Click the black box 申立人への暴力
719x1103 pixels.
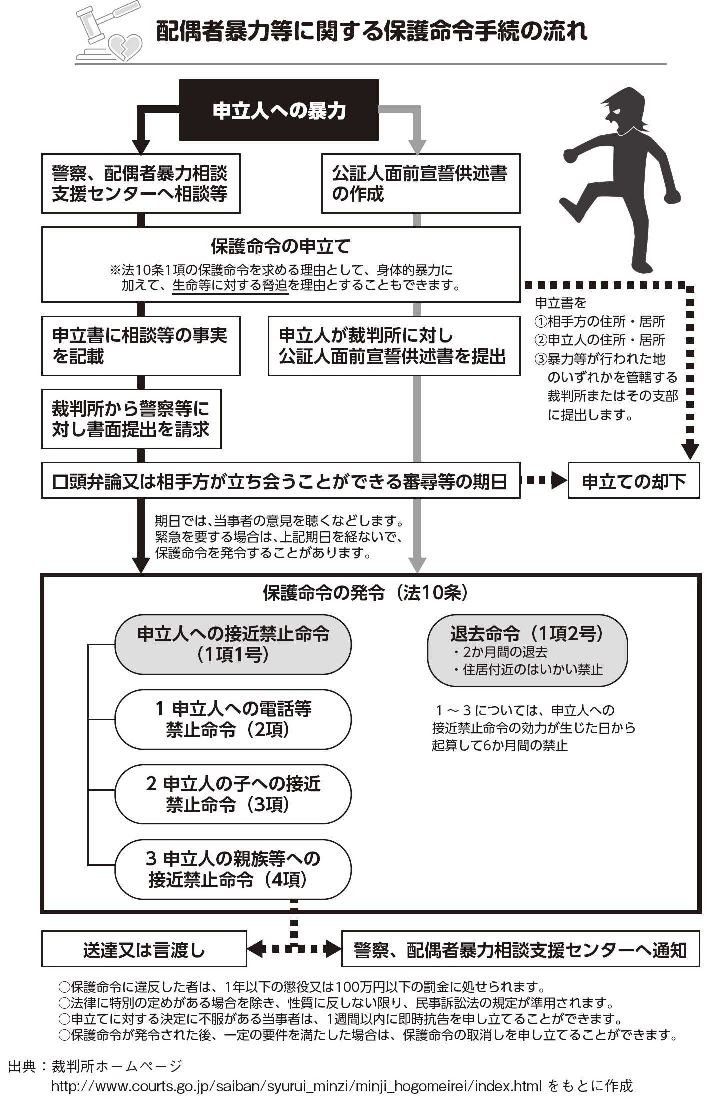pyautogui.click(x=279, y=110)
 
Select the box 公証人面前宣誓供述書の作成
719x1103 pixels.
pyautogui.click(x=420, y=183)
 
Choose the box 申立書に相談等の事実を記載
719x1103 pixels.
pyautogui.click(x=140, y=345)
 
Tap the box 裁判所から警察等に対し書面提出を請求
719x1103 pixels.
pyautogui.click(x=131, y=419)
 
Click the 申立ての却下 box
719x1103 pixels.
pyautogui.click(x=633, y=481)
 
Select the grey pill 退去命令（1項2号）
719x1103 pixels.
pyautogui.click(x=527, y=650)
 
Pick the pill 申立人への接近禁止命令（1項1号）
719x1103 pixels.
pyautogui.click(x=233, y=644)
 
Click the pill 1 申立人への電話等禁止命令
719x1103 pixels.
pyautogui.click(x=233, y=719)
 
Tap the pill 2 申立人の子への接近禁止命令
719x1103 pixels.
pyautogui.click(x=233, y=794)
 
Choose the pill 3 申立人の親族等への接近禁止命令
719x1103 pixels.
pyautogui.click(x=233, y=869)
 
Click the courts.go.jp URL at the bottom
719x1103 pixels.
pyautogui.click(x=296, y=1086)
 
